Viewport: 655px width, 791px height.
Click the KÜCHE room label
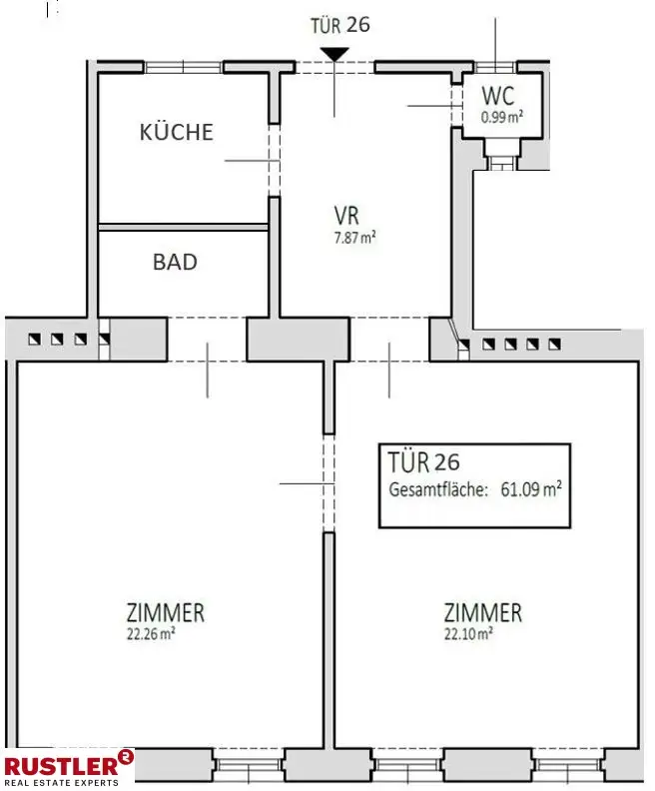[177, 132]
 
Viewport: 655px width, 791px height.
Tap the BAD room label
[175, 263]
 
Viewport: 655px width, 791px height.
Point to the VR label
[346, 216]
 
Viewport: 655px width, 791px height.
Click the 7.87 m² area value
[354, 238]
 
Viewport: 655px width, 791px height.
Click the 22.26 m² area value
[150, 632]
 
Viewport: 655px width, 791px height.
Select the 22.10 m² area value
[467, 632]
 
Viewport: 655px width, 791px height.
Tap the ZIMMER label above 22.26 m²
[166, 612]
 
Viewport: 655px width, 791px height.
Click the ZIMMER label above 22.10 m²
[483, 612]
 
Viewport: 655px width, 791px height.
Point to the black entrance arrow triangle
[335, 54]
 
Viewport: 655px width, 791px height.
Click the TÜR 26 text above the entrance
[339, 24]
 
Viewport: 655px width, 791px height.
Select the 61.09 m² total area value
[530, 489]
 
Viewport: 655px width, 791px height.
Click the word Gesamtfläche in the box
[436, 489]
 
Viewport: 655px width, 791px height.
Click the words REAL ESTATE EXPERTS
[61, 782]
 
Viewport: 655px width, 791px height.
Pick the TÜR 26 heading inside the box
[424, 463]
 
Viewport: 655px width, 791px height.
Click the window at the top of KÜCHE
[183, 67]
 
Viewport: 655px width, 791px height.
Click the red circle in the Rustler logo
[126, 757]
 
